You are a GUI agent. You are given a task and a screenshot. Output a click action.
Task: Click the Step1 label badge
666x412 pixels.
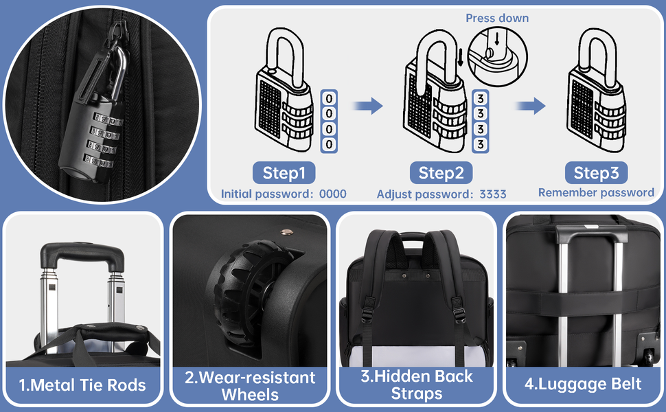284,173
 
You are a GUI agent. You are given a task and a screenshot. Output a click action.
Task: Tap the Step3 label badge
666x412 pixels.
596,172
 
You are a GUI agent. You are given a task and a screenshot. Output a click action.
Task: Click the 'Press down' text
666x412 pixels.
497,18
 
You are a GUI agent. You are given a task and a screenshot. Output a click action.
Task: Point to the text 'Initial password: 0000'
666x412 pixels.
284,194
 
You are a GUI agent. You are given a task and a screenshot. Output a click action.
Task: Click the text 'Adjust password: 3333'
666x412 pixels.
441,194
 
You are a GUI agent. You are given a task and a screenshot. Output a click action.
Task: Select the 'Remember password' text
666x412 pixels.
596,192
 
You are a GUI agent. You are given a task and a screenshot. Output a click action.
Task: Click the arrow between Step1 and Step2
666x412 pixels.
367,106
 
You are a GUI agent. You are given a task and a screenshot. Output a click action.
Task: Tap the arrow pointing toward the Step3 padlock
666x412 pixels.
531,106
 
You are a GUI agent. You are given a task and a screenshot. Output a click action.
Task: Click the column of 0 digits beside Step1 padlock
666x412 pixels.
330,121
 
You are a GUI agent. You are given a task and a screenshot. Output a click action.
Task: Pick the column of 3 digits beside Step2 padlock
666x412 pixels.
481,121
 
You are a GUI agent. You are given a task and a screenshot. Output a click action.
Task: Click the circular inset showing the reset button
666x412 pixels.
496,49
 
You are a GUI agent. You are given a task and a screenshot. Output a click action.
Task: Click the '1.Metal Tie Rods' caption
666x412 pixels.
83,385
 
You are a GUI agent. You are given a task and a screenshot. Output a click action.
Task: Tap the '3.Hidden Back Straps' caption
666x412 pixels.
416,385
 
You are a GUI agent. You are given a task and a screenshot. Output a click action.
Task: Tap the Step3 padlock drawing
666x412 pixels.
596,96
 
